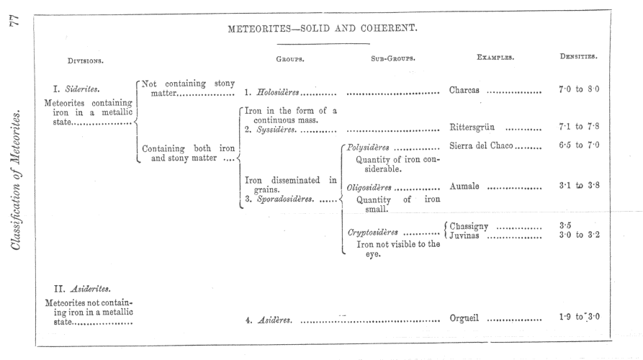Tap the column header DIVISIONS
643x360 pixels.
[x=90, y=60]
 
